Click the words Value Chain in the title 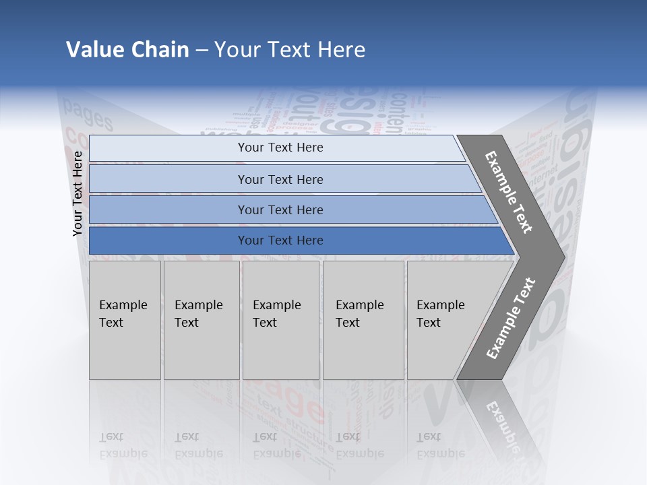[x=127, y=50]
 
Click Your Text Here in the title [x=290, y=50]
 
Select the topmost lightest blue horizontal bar [x=280, y=148]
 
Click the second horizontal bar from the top [x=280, y=179]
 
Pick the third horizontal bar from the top [x=280, y=209]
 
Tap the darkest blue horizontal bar [x=280, y=240]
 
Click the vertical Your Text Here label [x=78, y=193]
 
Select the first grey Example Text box [x=125, y=320]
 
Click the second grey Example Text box [x=201, y=320]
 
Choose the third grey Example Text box [x=280, y=320]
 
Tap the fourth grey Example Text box [x=363, y=320]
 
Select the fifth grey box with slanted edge [x=445, y=320]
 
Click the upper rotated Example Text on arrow [x=509, y=192]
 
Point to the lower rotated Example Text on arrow [x=511, y=318]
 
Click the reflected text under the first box [x=123, y=445]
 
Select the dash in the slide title [x=202, y=51]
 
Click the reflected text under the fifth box [x=441, y=445]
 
